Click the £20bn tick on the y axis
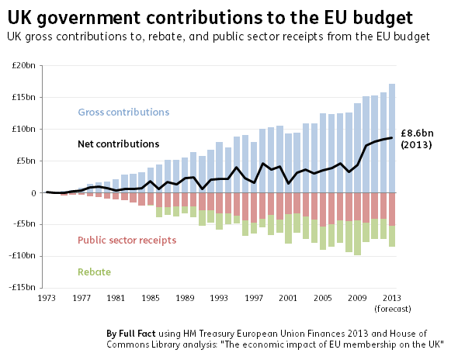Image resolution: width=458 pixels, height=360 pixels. point(23,65)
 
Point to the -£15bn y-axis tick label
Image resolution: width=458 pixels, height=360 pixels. point(23,287)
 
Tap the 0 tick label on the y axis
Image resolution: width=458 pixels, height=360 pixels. point(34,193)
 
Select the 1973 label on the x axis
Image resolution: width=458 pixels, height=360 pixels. point(47,298)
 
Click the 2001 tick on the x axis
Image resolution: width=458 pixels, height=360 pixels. point(288,298)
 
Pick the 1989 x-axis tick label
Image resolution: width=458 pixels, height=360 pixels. point(185,298)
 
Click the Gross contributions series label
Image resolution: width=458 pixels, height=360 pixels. point(123,112)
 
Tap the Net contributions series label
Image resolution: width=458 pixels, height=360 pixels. point(119,144)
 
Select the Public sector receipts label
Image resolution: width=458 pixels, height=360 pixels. point(127,241)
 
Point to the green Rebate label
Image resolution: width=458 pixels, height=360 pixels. point(95,272)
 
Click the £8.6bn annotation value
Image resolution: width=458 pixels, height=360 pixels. point(417,133)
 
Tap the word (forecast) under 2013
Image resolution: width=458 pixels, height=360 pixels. point(393,309)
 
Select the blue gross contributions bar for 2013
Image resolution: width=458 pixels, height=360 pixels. point(392,138)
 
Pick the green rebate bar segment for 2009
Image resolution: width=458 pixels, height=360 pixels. point(357,237)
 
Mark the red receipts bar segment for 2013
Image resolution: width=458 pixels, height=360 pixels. point(392,209)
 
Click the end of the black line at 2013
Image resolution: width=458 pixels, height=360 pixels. point(392,137)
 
